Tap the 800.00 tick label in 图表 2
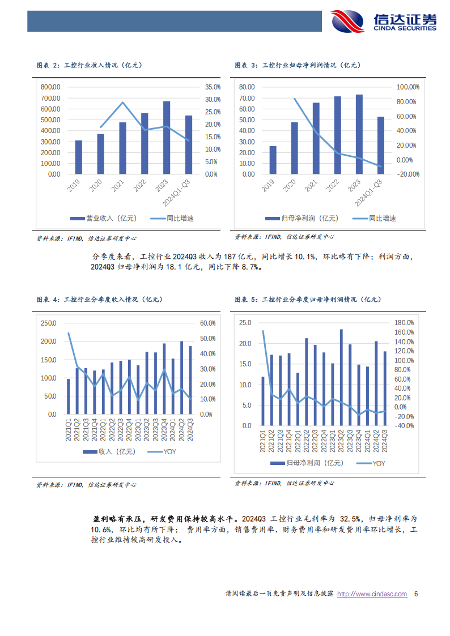[50, 87]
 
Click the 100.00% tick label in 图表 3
[407, 87]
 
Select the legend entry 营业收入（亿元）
[92, 218]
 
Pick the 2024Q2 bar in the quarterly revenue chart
[181, 377]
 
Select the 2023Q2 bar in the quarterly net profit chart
[341, 377]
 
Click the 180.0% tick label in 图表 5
[404, 323]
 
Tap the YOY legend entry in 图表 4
[164, 451]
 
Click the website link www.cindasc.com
[372, 594]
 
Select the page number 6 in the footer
[416, 594]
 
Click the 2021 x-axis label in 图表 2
[117, 187]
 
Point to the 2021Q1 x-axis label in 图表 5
[262, 440]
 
